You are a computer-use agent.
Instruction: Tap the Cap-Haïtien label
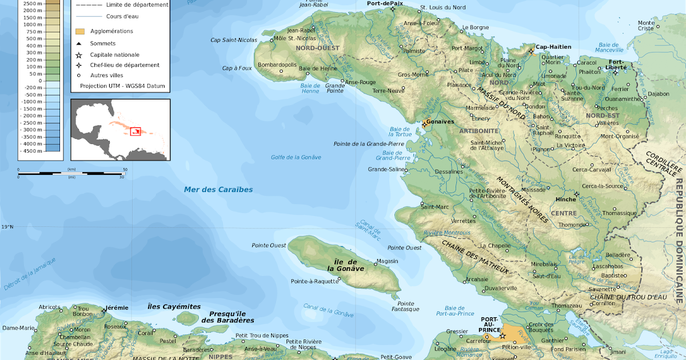[553, 47]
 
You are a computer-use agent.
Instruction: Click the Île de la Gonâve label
[346, 265]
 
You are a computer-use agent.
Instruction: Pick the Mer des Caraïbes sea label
[218, 190]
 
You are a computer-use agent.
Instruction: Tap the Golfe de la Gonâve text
[296, 157]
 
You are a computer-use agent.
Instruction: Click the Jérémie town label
[117, 307]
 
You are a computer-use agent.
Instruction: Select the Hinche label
[565, 199]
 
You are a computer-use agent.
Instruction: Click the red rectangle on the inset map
[135, 131]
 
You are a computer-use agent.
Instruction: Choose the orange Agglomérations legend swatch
[80, 31]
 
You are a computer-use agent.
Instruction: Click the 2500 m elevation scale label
[33, 4]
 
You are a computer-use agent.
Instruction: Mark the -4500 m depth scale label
[31, 151]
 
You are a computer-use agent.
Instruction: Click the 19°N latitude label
[7, 227]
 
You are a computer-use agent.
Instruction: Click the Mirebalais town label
[544, 265]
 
